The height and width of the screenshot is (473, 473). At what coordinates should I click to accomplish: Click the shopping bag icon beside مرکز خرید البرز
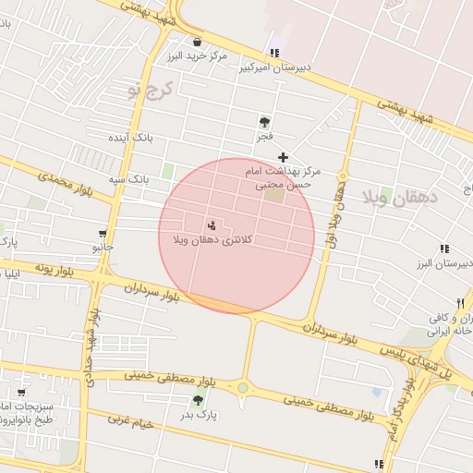(x=198, y=42)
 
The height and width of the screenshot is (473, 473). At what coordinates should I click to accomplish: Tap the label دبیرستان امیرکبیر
(x=275, y=67)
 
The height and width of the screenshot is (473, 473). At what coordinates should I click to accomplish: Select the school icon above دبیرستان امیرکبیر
(x=273, y=52)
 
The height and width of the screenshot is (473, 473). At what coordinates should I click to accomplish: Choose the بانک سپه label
(x=127, y=178)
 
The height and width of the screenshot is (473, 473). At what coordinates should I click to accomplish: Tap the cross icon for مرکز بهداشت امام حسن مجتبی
(x=283, y=157)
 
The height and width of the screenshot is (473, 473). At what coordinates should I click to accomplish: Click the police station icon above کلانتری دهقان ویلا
(x=212, y=225)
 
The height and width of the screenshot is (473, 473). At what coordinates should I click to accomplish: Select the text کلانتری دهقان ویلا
(x=212, y=240)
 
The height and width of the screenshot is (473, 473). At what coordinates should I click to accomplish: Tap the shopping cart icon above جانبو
(x=102, y=234)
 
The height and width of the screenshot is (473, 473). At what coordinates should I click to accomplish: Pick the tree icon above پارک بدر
(x=198, y=400)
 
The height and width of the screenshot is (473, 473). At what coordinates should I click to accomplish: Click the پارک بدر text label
(x=199, y=415)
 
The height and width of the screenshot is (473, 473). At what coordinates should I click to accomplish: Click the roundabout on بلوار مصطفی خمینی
(x=243, y=388)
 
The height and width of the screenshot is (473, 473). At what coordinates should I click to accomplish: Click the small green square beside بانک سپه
(x=168, y=171)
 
